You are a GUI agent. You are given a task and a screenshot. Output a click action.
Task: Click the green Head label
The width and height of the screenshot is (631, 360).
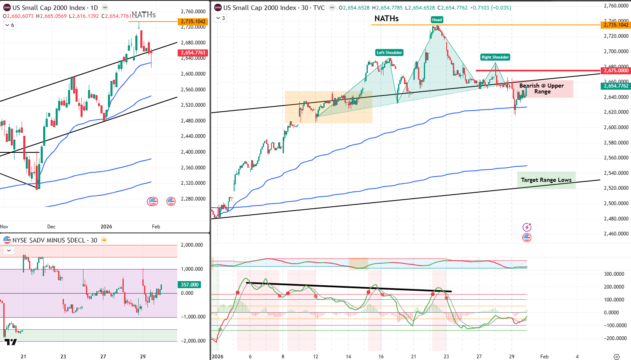click(437, 20)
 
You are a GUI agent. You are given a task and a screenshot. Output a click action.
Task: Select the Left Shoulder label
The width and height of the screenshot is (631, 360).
click(389, 53)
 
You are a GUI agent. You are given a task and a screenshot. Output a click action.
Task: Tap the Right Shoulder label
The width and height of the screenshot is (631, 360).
click(495, 57)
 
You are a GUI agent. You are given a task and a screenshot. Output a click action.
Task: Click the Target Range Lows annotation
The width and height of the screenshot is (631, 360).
click(546, 180)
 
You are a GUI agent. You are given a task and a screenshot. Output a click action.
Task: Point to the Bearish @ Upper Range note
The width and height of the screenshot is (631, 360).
click(542, 88)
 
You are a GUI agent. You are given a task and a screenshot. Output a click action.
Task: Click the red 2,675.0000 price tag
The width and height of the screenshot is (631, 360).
click(616, 71)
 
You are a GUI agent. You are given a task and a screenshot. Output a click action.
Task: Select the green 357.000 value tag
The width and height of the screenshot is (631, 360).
click(190, 285)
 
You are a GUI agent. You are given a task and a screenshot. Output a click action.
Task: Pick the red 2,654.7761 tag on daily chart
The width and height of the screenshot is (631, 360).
click(193, 53)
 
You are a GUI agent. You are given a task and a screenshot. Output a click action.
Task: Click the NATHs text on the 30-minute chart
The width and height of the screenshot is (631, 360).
click(386, 18)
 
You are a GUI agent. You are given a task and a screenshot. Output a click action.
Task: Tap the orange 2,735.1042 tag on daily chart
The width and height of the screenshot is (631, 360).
click(193, 22)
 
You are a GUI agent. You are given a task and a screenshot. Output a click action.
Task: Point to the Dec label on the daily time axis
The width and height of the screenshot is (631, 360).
click(51, 227)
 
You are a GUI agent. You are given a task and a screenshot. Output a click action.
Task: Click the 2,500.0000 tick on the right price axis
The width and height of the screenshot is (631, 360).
click(616, 203)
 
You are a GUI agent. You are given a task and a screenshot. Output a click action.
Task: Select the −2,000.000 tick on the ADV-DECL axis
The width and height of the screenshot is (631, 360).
click(193, 341)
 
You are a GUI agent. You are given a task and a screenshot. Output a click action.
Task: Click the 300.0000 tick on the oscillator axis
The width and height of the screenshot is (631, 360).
click(614, 274)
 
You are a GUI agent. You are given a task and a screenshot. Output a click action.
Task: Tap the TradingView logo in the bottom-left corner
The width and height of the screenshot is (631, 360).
click(11, 342)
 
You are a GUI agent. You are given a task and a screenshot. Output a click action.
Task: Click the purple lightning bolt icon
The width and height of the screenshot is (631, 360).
click(527, 227)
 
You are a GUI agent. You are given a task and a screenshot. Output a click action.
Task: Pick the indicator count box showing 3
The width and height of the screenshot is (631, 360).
click(220, 18)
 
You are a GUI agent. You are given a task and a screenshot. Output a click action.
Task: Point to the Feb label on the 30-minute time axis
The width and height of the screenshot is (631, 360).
click(544, 356)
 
